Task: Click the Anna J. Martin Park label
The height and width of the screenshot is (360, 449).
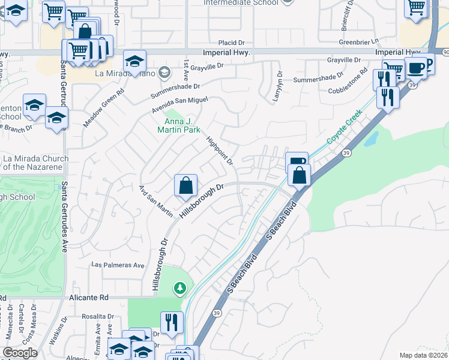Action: point(179,123)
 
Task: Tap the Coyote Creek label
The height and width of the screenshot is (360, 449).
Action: point(345,126)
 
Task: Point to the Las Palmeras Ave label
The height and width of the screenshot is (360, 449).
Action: point(118,265)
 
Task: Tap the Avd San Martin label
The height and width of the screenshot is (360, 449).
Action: point(156,200)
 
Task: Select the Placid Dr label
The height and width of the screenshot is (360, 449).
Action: point(233,43)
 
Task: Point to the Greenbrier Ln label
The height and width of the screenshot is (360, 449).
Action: point(360,42)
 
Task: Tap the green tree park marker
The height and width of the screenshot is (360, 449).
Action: point(179,289)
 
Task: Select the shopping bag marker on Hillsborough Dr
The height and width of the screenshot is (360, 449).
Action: point(186,185)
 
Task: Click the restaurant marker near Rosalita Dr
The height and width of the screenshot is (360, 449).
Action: point(172,322)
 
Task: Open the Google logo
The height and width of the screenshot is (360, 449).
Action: point(20,353)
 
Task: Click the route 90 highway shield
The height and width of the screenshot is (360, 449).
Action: point(445,53)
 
